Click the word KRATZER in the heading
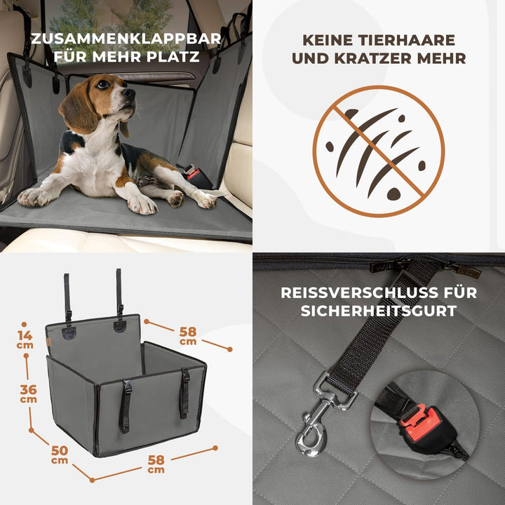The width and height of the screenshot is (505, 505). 349,58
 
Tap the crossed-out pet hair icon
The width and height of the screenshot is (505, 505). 378,151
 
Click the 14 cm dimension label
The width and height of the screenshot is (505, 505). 25,339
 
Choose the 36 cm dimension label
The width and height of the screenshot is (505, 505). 28,394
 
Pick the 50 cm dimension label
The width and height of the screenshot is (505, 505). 60,454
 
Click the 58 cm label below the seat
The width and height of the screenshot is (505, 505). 156,464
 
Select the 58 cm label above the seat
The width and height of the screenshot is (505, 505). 187,335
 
